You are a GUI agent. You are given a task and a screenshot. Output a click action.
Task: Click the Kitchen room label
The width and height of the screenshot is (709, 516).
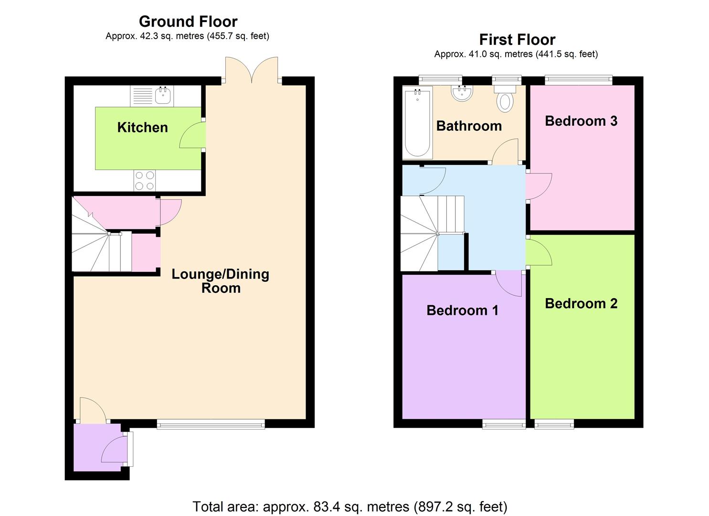(142, 128)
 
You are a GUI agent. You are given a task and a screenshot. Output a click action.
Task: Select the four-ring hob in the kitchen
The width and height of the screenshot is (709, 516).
(145, 181)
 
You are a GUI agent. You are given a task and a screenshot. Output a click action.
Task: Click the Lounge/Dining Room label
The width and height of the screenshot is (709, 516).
(221, 281)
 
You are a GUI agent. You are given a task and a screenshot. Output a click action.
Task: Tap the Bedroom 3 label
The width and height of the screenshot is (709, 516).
(581, 121)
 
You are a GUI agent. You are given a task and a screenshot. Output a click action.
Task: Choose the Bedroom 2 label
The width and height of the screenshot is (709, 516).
(581, 303)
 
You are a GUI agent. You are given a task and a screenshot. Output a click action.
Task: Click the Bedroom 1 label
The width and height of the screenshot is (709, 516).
(463, 310)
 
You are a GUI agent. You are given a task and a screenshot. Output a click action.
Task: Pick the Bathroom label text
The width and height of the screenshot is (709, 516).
(469, 126)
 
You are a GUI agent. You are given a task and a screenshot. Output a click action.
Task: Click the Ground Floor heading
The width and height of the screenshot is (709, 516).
(188, 22)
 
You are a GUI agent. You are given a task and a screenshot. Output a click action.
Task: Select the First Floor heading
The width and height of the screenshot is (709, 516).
(517, 40)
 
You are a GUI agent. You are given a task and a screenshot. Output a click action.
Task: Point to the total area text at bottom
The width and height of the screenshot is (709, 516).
(350, 506)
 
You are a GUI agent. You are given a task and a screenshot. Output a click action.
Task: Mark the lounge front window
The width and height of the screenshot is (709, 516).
(211, 424)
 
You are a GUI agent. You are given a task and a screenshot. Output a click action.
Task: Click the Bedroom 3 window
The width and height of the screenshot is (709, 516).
(579, 80)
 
